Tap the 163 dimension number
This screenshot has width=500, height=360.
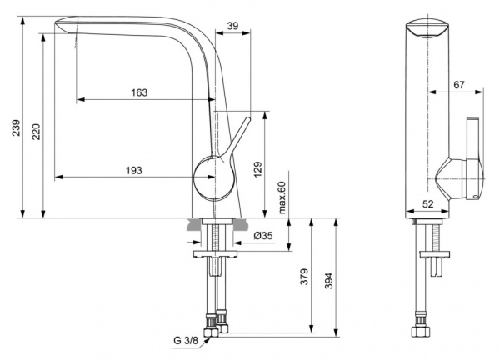click(x=140, y=92)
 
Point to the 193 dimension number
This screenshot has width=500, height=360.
click(x=133, y=170)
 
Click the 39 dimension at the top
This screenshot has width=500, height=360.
click(x=233, y=26)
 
